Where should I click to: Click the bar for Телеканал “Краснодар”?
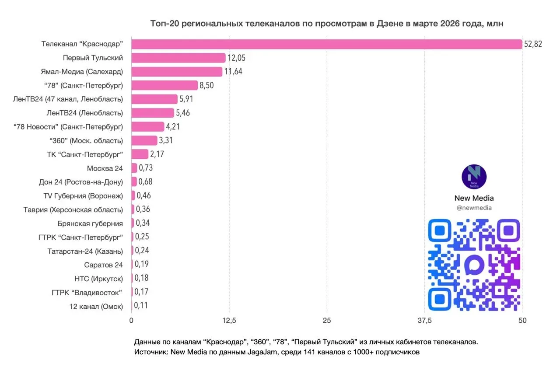[326, 44]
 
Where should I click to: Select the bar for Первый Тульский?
[178, 58]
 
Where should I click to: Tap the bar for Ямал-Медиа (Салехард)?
[177, 72]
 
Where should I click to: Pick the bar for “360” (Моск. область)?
[144, 140]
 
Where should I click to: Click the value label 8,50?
[206, 85]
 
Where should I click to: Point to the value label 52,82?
[532, 44]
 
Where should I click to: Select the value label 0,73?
[146, 168]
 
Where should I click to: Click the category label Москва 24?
[105, 168]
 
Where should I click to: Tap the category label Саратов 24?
[104, 265]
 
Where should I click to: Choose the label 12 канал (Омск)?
[96, 306]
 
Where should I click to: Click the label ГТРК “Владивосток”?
[86, 292]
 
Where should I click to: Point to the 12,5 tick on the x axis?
[229, 321]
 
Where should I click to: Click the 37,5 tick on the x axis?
[425, 321]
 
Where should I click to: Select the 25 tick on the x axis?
[327, 321]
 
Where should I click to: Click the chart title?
[327, 24]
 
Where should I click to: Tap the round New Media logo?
[474, 177]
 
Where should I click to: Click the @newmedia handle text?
[474, 208]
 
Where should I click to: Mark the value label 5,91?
[186, 99]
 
